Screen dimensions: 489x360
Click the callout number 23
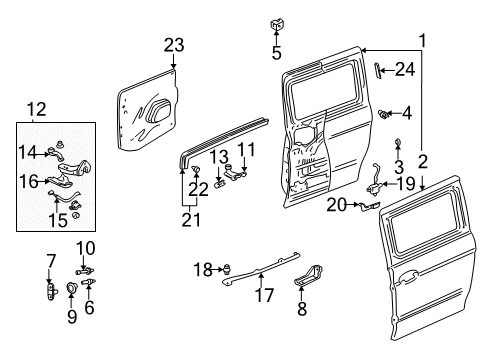174,45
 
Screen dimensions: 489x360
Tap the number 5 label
276,53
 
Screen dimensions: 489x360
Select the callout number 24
405,70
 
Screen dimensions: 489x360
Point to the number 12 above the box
36,109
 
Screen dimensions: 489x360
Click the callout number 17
264,295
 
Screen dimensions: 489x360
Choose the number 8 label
302,308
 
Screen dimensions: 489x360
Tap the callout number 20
337,205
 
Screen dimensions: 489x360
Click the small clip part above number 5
275,25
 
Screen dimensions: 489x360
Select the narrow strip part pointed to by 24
377,70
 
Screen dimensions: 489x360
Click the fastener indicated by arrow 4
384,114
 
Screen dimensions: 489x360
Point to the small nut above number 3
398,142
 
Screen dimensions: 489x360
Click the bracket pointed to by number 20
369,206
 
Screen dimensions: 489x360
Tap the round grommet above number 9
72,288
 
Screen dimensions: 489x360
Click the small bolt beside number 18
228,268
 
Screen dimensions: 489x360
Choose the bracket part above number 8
309,276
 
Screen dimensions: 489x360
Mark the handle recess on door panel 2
406,277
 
